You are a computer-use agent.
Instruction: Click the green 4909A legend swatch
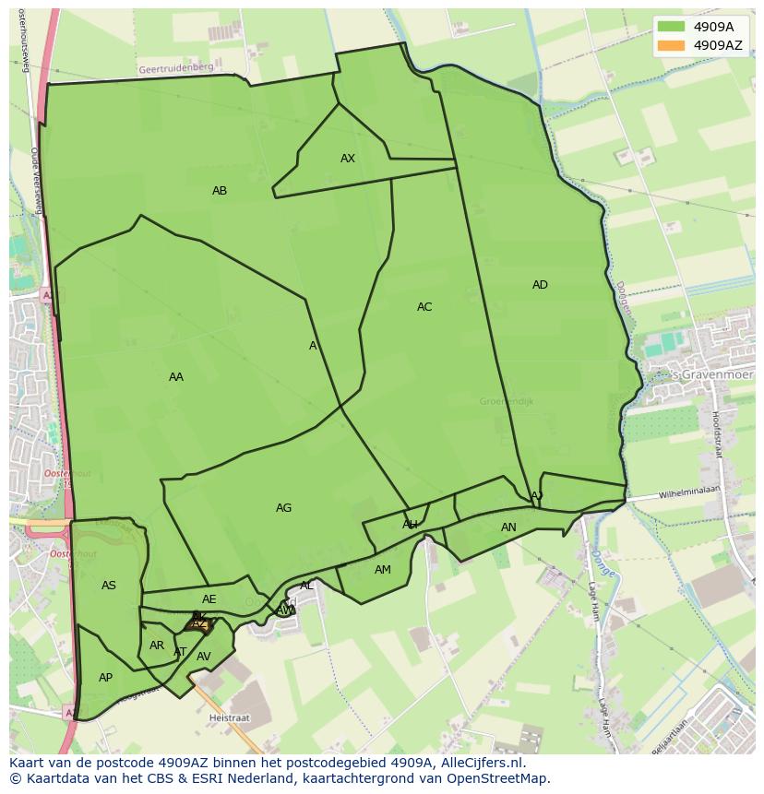672,27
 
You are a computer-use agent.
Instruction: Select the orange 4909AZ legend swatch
672,45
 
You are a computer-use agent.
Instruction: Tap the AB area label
220,191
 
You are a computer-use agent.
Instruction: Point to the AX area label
348,159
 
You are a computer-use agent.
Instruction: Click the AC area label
424,307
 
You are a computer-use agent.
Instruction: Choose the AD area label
540,285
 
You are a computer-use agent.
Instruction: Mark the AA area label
176,377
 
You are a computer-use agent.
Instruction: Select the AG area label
283,508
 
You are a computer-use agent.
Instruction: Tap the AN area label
508,527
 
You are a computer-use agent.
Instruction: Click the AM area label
383,570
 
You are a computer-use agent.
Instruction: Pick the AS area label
109,586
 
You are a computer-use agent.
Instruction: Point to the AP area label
105,678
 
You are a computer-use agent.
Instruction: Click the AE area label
209,599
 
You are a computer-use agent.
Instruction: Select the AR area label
157,646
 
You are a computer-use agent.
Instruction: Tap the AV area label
204,657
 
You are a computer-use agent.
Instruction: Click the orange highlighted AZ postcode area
198,624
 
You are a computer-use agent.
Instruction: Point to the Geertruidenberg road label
175,68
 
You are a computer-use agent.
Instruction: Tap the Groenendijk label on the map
507,401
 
